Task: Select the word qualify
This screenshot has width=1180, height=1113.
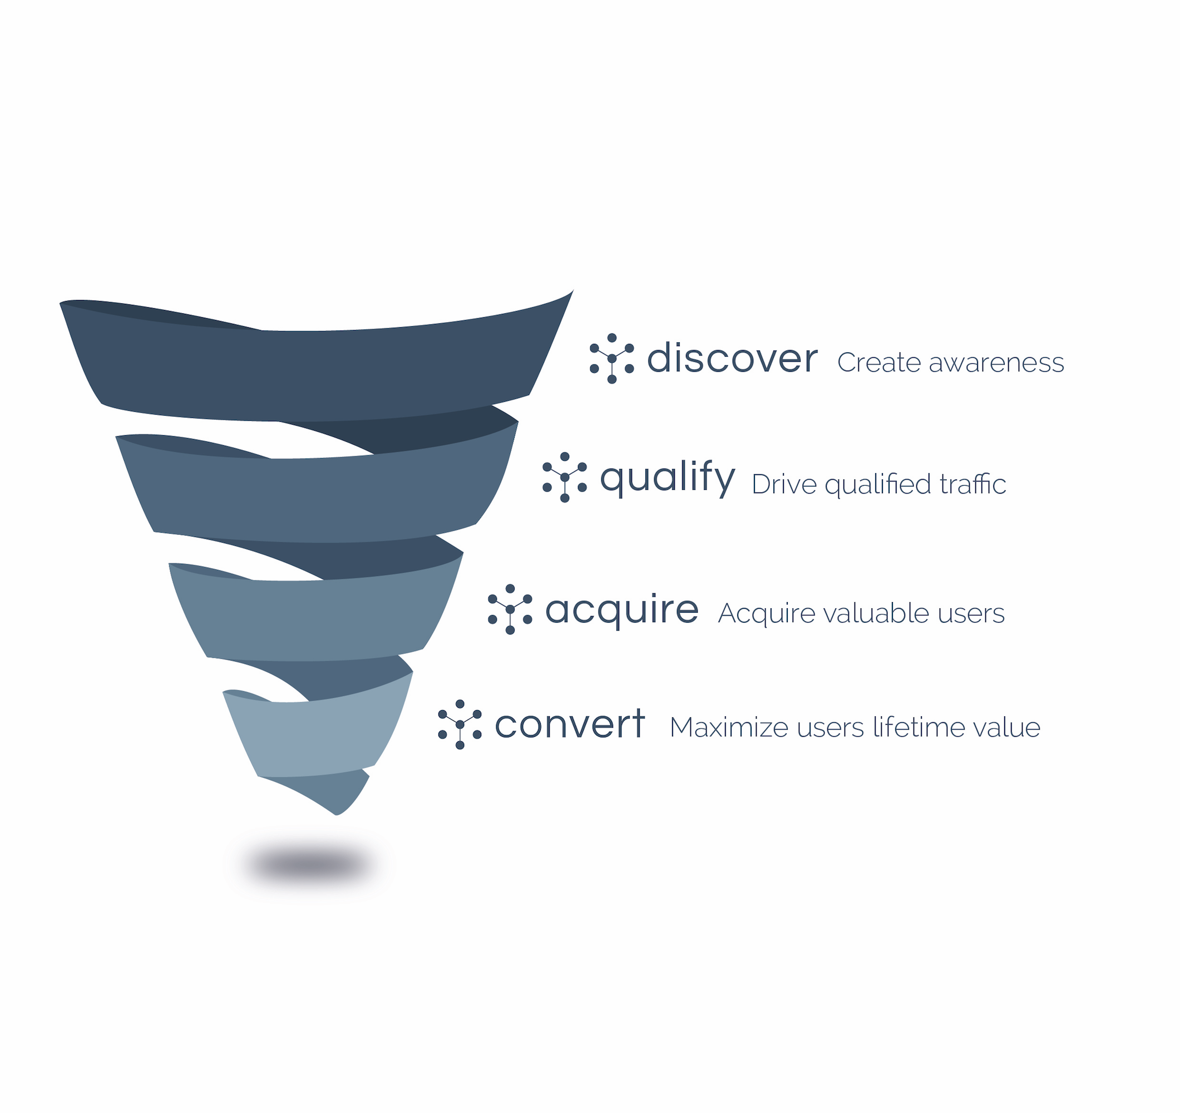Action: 667,479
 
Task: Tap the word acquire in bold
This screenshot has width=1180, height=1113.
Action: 621,609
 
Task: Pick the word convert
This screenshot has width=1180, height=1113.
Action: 570,723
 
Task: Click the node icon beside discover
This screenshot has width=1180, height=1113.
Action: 611,358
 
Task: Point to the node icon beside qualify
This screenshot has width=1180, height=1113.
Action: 565,477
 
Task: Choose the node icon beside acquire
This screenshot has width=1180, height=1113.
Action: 510,609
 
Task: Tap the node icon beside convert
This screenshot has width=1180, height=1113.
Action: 460,724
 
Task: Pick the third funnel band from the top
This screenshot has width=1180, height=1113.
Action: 314,620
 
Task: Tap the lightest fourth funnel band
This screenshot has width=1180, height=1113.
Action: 318,736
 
